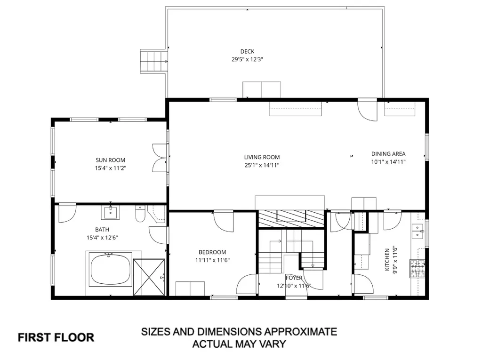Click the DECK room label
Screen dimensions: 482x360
pos(247,51)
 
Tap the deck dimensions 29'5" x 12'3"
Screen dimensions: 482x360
pos(247,59)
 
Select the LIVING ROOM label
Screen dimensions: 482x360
pos(262,157)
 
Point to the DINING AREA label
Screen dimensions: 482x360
pos(388,154)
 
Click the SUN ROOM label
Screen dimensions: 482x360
pos(110,160)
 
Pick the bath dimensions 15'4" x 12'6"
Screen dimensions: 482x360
pos(102,238)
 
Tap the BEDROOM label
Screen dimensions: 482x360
pos(212,252)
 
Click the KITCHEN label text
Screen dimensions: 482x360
pos(387,259)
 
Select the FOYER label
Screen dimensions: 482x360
pos(294,278)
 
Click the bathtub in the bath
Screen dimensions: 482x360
pos(111,270)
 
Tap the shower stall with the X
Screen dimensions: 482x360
pos(149,277)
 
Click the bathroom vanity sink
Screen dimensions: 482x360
pos(110,212)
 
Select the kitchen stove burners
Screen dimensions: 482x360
pos(417,269)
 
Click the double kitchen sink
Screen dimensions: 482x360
pos(417,231)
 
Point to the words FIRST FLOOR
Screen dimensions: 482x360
pos(56,337)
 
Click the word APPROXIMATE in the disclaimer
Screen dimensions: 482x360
pos(300,332)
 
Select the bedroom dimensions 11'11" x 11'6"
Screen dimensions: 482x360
pos(212,260)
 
